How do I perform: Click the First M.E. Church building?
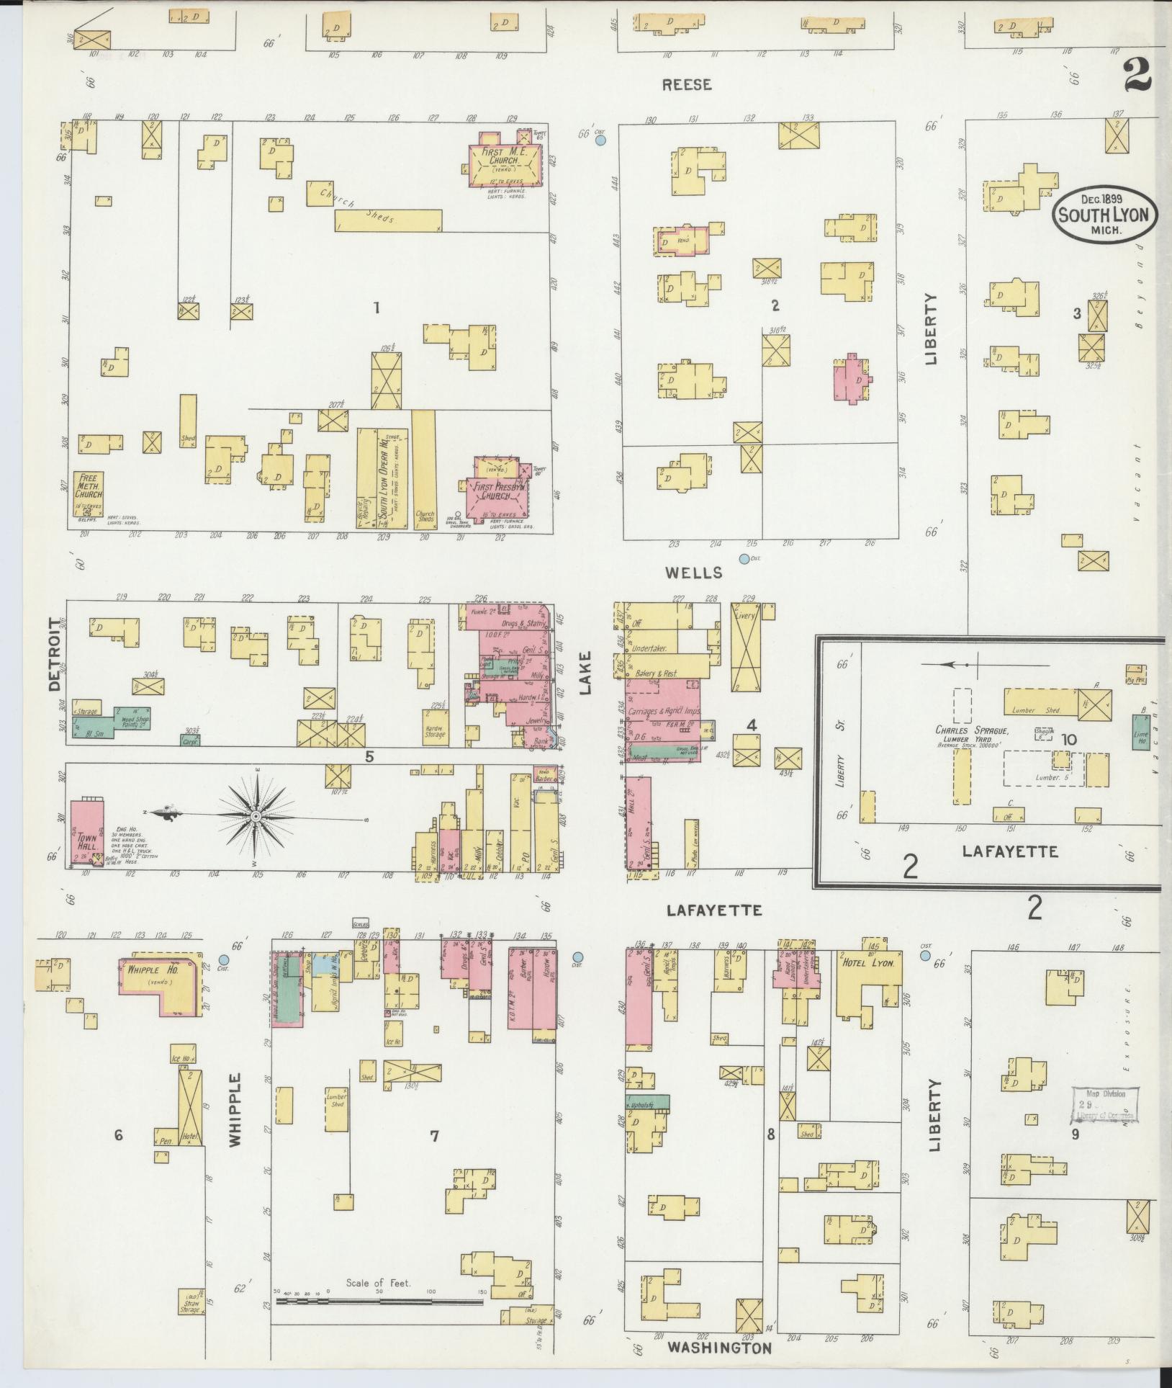504,163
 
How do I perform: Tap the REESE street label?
687,85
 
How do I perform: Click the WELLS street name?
693,573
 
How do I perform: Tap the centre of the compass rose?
256,816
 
